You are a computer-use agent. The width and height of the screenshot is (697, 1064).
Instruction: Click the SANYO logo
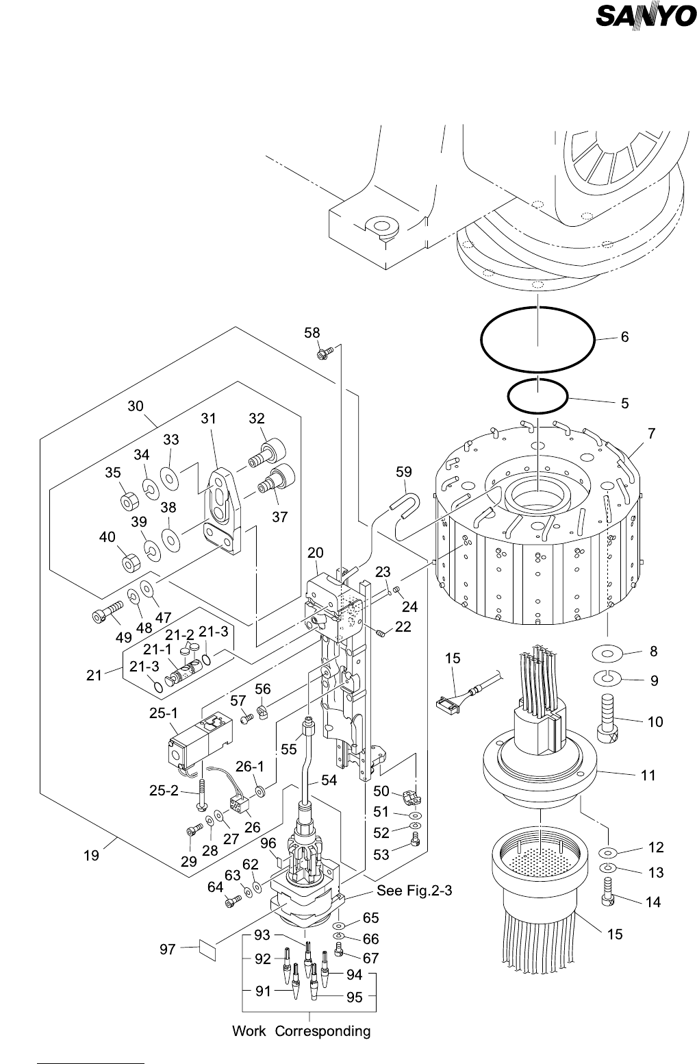645,16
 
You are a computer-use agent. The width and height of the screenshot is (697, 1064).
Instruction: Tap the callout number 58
312,332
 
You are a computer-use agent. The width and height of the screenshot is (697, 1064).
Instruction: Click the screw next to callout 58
324,353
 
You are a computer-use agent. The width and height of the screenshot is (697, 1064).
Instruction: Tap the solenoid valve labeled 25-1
199,743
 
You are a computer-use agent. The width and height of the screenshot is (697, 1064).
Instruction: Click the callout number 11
648,775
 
